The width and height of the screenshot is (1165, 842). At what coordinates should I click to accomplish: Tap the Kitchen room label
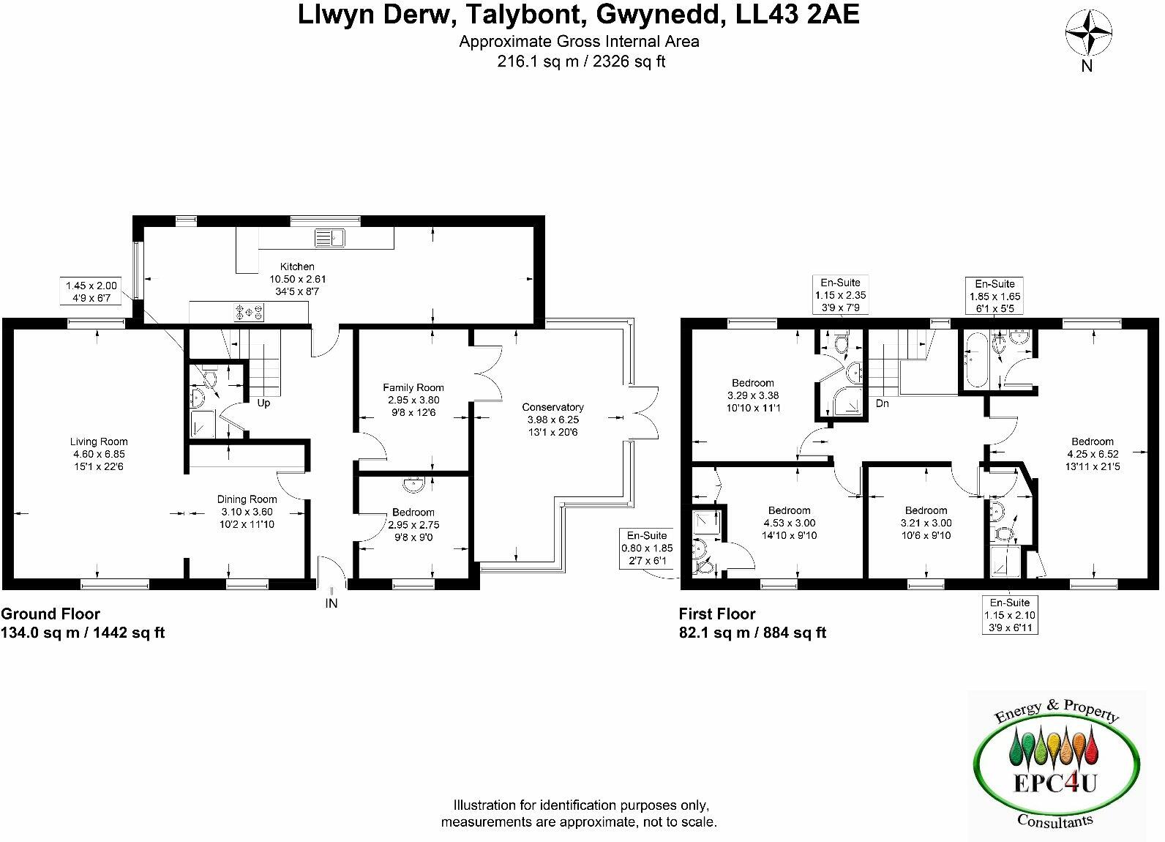(297, 267)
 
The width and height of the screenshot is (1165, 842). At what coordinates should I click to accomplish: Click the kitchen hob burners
(249, 313)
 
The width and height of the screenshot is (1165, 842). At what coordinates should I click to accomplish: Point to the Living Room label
(99, 442)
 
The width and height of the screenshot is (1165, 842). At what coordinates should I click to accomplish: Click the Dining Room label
(247, 499)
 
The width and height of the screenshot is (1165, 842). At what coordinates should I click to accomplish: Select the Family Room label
(413, 387)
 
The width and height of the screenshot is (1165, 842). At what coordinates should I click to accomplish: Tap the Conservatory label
(552, 407)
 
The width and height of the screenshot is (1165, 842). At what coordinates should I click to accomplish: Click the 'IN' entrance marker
(331, 603)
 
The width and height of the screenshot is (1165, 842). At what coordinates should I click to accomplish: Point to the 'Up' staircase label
(263, 403)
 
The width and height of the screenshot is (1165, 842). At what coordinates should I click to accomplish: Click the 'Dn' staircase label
(883, 403)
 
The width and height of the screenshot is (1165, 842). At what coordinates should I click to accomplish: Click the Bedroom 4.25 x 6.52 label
(1093, 442)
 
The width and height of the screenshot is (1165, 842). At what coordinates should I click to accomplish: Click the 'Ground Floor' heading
(50, 614)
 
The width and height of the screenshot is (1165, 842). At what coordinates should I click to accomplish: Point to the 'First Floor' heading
(717, 614)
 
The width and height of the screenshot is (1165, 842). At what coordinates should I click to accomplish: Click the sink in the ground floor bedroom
(413, 483)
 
